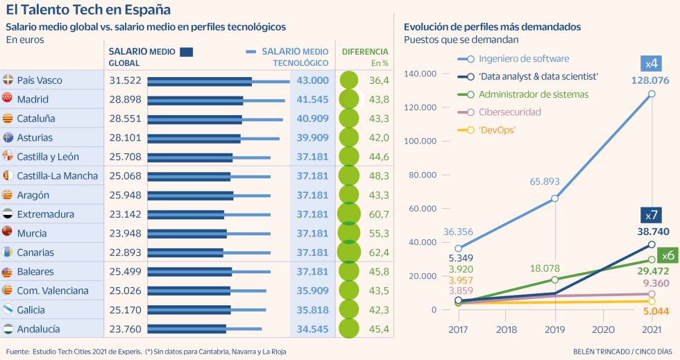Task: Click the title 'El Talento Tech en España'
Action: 88,10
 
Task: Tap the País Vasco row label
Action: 40,80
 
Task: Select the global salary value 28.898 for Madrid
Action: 125,99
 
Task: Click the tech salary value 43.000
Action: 312,80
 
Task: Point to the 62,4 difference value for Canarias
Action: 380,252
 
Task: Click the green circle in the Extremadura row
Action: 348,214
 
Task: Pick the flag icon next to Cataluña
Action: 8,119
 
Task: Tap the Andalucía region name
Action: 38,329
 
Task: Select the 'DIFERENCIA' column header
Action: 365,51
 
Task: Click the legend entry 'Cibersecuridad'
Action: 509,112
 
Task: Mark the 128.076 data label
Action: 650,80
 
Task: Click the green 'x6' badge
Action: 668,255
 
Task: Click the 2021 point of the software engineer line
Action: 652,94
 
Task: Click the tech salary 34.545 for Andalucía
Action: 312,329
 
